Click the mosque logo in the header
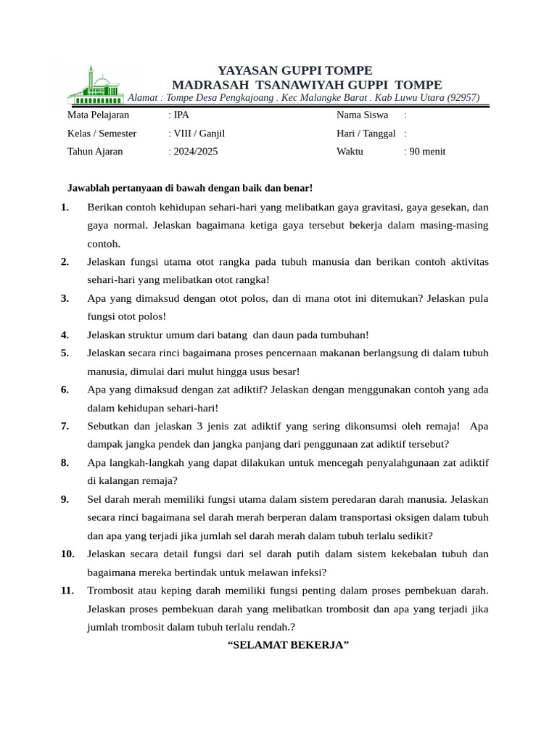(x=96, y=86)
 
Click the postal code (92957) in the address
(x=463, y=98)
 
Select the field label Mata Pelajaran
(x=99, y=115)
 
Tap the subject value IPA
(x=181, y=115)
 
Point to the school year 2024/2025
(x=194, y=152)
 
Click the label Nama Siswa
(x=362, y=115)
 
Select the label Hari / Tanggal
(x=366, y=134)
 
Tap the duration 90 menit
(x=427, y=152)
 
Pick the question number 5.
(x=65, y=353)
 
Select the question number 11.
(x=67, y=591)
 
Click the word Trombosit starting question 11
(x=110, y=591)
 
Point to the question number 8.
(x=65, y=462)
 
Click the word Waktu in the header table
(x=350, y=152)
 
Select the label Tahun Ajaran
(x=95, y=152)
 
